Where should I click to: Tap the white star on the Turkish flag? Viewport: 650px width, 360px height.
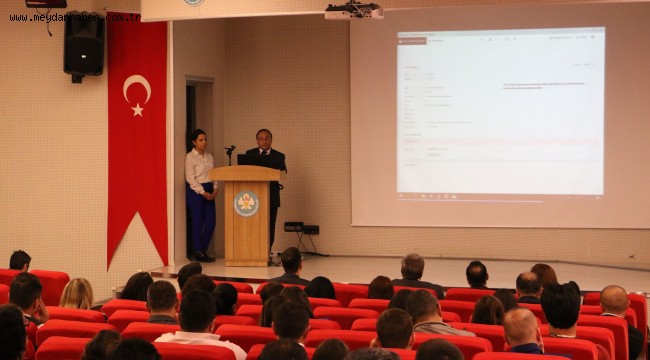click(138, 109)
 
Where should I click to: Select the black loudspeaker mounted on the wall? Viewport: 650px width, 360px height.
click(83, 44)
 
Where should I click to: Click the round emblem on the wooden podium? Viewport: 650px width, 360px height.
click(245, 204)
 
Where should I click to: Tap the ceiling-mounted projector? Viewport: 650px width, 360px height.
click(353, 11)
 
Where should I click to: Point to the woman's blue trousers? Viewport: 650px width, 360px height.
click(201, 222)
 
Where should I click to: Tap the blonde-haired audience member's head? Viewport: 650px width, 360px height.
click(77, 292)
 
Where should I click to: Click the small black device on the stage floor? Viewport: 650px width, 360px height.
click(293, 227)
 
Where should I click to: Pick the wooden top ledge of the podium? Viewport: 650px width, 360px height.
click(245, 173)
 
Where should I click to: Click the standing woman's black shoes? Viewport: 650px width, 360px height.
click(201, 257)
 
